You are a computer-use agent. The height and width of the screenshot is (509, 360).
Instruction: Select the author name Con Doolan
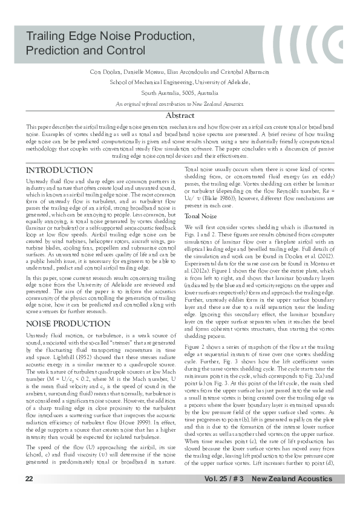pos(102,72)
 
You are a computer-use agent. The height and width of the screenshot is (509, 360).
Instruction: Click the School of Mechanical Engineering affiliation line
pos(180,82)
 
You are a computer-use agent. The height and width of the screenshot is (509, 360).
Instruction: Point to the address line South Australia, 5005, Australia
pos(180,94)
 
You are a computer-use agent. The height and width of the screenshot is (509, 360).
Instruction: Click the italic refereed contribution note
pos(180,105)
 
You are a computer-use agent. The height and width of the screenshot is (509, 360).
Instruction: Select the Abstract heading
pos(180,115)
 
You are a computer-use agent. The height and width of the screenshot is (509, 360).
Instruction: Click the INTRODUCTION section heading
pos(59,170)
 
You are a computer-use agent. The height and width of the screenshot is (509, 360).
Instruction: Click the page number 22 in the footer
pos(29,479)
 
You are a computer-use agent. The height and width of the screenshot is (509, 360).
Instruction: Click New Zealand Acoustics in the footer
pos(292,479)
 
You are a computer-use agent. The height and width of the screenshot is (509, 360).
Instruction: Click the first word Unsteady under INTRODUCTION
pos(36,181)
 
